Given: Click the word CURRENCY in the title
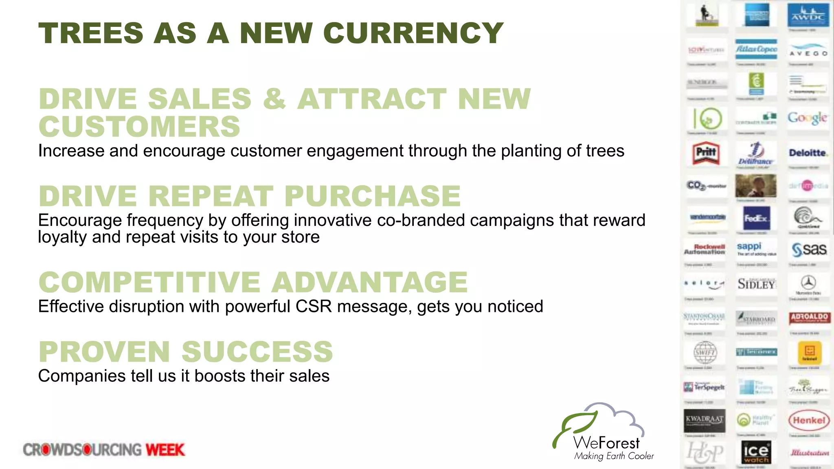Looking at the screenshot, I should point(413,33).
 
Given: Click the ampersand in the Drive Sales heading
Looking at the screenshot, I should point(274,99).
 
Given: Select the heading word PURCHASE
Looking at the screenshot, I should point(372,196).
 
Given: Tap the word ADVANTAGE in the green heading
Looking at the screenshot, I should point(370,282).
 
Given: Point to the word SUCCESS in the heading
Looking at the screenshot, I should point(257,352).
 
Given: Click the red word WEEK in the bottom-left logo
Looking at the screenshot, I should point(165,450).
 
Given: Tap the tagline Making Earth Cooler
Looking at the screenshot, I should point(614,456).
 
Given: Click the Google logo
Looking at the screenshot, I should point(808,118).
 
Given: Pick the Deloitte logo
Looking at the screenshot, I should point(808,153).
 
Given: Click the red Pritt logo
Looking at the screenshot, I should point(706,153).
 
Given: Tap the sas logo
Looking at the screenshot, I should point(809,249).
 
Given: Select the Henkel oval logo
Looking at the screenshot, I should point(809,421).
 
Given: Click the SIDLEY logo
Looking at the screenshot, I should point(756,284).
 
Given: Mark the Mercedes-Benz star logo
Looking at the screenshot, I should point(808,283).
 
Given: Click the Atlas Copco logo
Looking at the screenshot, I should point(756,49).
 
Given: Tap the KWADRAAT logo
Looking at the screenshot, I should point(705,420).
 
